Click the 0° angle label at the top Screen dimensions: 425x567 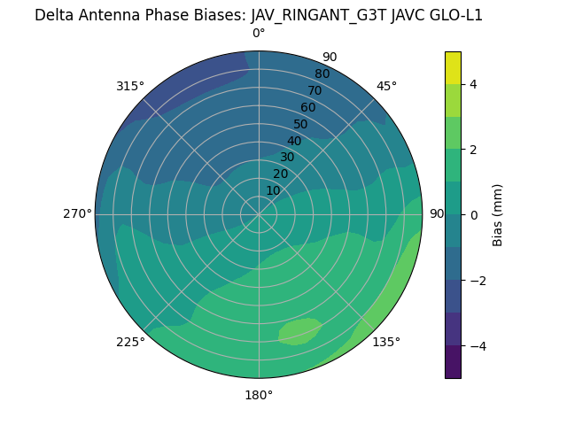pos(259,34)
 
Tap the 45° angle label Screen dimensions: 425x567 pos(386,86)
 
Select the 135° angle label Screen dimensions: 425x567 pos(386,342)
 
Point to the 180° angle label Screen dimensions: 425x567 pos(259,395)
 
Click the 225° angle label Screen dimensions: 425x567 pos(130,342)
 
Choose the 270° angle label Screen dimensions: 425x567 pos(77,214)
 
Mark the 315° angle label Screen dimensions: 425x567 pos(130,86)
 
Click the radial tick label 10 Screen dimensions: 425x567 pos(273,190)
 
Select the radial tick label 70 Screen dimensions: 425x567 pos(315,90)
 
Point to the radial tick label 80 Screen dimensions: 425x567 pos(322,74)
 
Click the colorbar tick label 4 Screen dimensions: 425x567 pos(474,84)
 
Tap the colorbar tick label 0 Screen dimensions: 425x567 pos(474,215)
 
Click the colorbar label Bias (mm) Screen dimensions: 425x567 pos(498,214)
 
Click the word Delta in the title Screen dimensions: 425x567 pos(53,15)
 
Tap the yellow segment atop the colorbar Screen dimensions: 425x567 pos(453,67)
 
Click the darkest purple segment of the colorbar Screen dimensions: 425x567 pos(453,362)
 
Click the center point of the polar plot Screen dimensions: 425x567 pos(259,214)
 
